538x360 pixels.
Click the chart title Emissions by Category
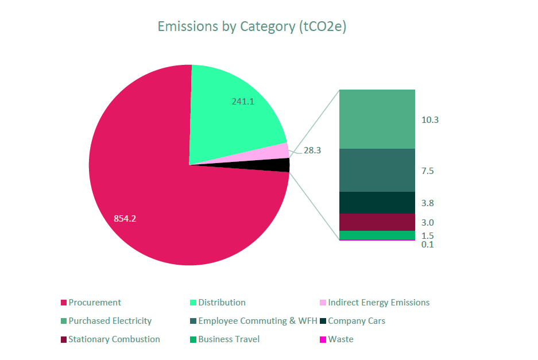252,26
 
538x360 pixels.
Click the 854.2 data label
125,219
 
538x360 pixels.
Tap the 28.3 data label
312,150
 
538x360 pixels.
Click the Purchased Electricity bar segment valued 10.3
377,119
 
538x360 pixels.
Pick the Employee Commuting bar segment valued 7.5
377,170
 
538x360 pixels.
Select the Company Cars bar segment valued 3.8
377,203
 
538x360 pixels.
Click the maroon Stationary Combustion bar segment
377,222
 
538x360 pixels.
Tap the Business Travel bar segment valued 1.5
377,235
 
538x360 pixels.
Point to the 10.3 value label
430,120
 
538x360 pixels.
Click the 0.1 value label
427,245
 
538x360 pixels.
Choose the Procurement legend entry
94,303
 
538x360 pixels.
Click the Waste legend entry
340,339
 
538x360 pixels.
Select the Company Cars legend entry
356,321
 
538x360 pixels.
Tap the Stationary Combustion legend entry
114,339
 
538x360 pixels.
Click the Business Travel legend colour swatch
193,339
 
